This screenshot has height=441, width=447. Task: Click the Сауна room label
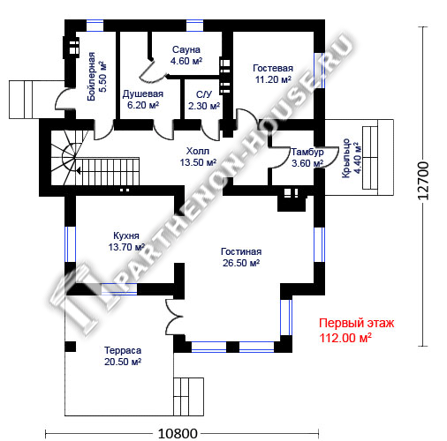pyautogui.click(x=186, y=49)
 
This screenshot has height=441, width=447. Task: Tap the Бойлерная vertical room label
pyautogui.click(x=92, y=77)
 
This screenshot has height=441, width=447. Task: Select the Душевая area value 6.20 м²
pyautogui.click(x=143, y=105)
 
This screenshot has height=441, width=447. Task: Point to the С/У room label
pyautogui.click(x=204, y=94)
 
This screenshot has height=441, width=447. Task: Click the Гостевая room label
pyautogui.click(x=273, y=68)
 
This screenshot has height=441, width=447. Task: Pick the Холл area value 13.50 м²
pyautogui.click(x=198, y=162)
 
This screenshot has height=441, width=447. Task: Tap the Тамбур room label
pyautogui.click(x=307, y=152)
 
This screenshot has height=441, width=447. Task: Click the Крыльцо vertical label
pyautogui.click(x=345, y=158)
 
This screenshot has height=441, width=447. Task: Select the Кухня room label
pyautogui.click(x=126, y=235)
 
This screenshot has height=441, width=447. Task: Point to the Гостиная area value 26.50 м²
pyautogui.click(x=241, y=263)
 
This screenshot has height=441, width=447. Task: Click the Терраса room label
pyautogui.click(x=123, y=350)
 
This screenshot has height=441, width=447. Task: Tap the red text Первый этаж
pyautogui.click(x=356, y=323)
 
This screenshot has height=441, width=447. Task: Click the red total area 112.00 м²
pyautogui.click(x=345, y=338)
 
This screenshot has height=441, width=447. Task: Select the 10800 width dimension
pyautogui.click(x=178, y=433)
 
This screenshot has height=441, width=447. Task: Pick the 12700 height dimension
pyautogui.click(x=423, y=181)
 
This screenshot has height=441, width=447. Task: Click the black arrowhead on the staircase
pyautogui.click(x=79, y=170)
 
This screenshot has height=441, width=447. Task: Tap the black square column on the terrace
pyautogui.click(x=71, y=347)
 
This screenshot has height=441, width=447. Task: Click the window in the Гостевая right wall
pyautogui.click(x=319, y=71)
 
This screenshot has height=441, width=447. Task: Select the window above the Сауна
pyautogui.click(x=195, y=26)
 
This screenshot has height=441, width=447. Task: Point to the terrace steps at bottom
pyautogui.click(x=188, y=397)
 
